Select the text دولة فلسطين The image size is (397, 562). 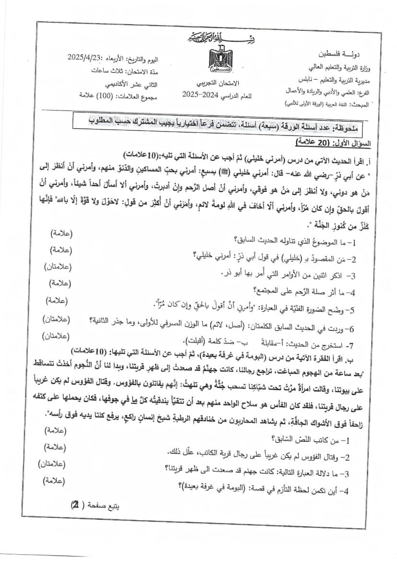pos(335,52)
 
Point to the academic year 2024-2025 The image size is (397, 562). pos(201,95)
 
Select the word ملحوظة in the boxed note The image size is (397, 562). pos(352,128)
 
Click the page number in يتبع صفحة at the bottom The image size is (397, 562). pos(75,506)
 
